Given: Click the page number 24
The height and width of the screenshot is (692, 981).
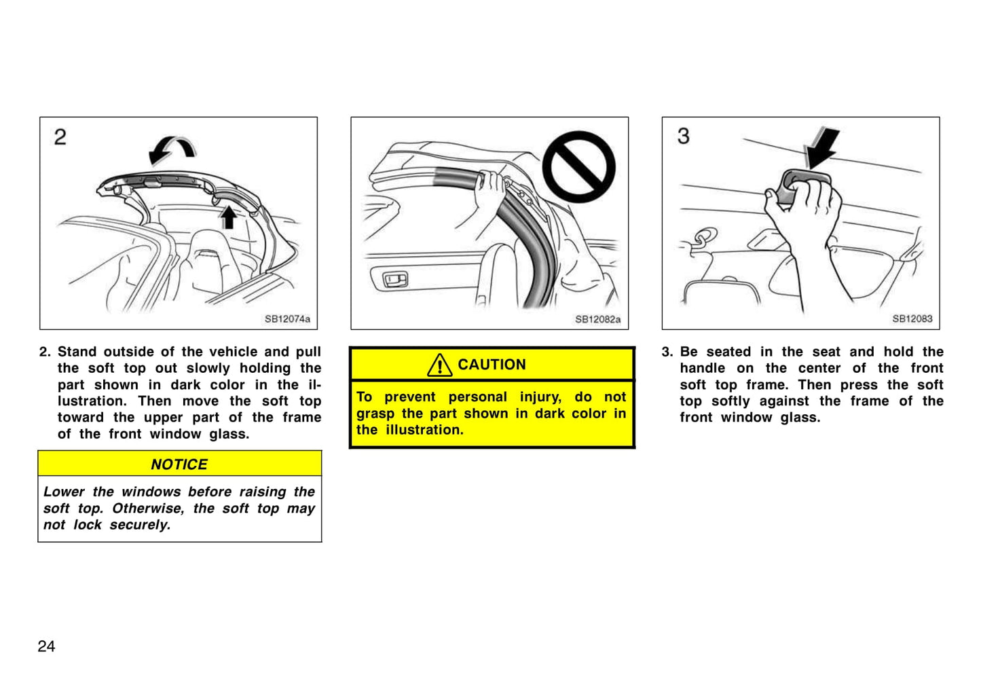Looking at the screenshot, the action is (x=46, y=647).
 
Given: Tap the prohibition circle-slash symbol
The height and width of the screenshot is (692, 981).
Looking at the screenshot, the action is (x=578, y=167).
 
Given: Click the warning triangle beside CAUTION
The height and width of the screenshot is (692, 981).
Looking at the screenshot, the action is (x=439, y=365).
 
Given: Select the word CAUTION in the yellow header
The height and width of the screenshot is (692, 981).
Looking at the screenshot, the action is (x=492, y=365).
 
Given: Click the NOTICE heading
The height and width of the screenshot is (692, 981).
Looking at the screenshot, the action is (x=179, y=465).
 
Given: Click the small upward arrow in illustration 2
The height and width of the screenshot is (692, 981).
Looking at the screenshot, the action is (x=227, y=218).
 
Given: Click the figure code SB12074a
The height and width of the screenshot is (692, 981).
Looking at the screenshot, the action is (x=287, y=319).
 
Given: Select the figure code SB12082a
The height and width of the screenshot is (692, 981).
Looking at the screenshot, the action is (x=598, y=319).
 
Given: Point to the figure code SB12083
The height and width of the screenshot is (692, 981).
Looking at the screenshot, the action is (x=912, y=319).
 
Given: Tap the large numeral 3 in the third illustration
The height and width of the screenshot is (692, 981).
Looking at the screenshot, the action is (x=683, y=136).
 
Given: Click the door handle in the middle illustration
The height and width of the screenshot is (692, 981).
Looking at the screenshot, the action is (x=396, y=279).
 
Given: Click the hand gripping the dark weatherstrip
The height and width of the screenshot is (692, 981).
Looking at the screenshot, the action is (x=490, y=193).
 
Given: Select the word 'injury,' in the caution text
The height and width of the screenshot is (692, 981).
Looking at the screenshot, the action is (x=540, y=397).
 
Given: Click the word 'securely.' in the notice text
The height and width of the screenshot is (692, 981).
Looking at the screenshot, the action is (x=140, y=525).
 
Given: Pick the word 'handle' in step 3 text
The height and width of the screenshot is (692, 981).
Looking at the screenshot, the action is (x=703, y=368).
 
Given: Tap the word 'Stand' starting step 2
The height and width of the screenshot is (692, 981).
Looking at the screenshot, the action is (x=77, y=352).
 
